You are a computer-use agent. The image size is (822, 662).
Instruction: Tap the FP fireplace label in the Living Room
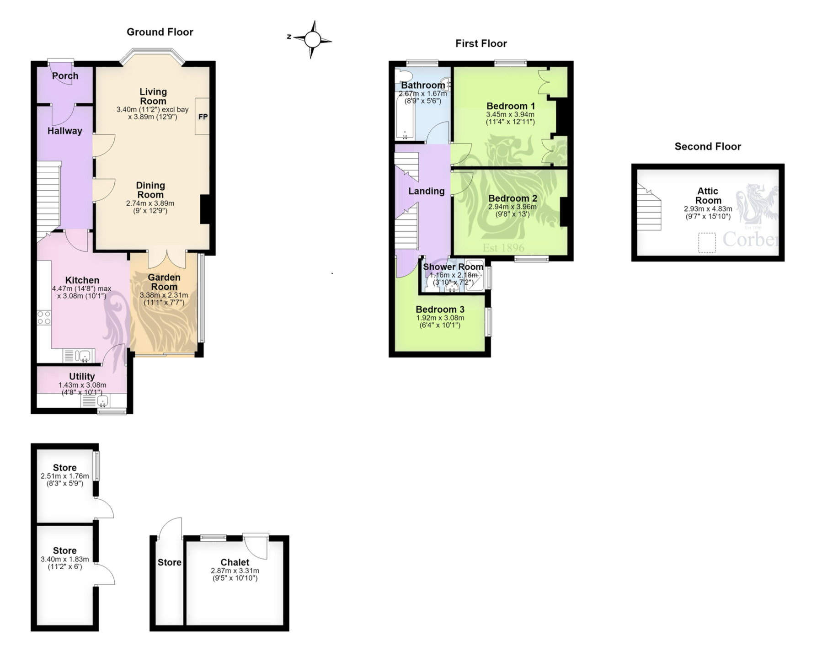coord(203,117)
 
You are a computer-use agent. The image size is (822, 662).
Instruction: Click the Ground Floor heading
coord(160,32)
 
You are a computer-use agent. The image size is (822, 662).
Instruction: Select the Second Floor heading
coord(708,146)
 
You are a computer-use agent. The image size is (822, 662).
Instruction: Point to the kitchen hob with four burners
coord(44,318)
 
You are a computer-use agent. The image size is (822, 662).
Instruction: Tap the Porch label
coord(65,76)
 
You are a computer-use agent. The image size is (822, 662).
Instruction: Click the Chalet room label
coord(235,562)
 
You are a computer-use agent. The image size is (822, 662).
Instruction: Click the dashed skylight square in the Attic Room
coord(707,243)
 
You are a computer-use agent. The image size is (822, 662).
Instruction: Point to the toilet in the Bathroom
coord(402,75)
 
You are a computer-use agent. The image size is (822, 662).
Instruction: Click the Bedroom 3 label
coord(440,310)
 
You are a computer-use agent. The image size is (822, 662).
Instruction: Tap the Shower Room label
coord(453,267)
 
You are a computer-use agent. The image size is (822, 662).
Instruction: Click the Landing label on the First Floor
coord(427,191)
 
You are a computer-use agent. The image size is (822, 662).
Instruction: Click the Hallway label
coord(65,131)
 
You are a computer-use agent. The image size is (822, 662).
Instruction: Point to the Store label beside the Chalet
coord(170,562)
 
